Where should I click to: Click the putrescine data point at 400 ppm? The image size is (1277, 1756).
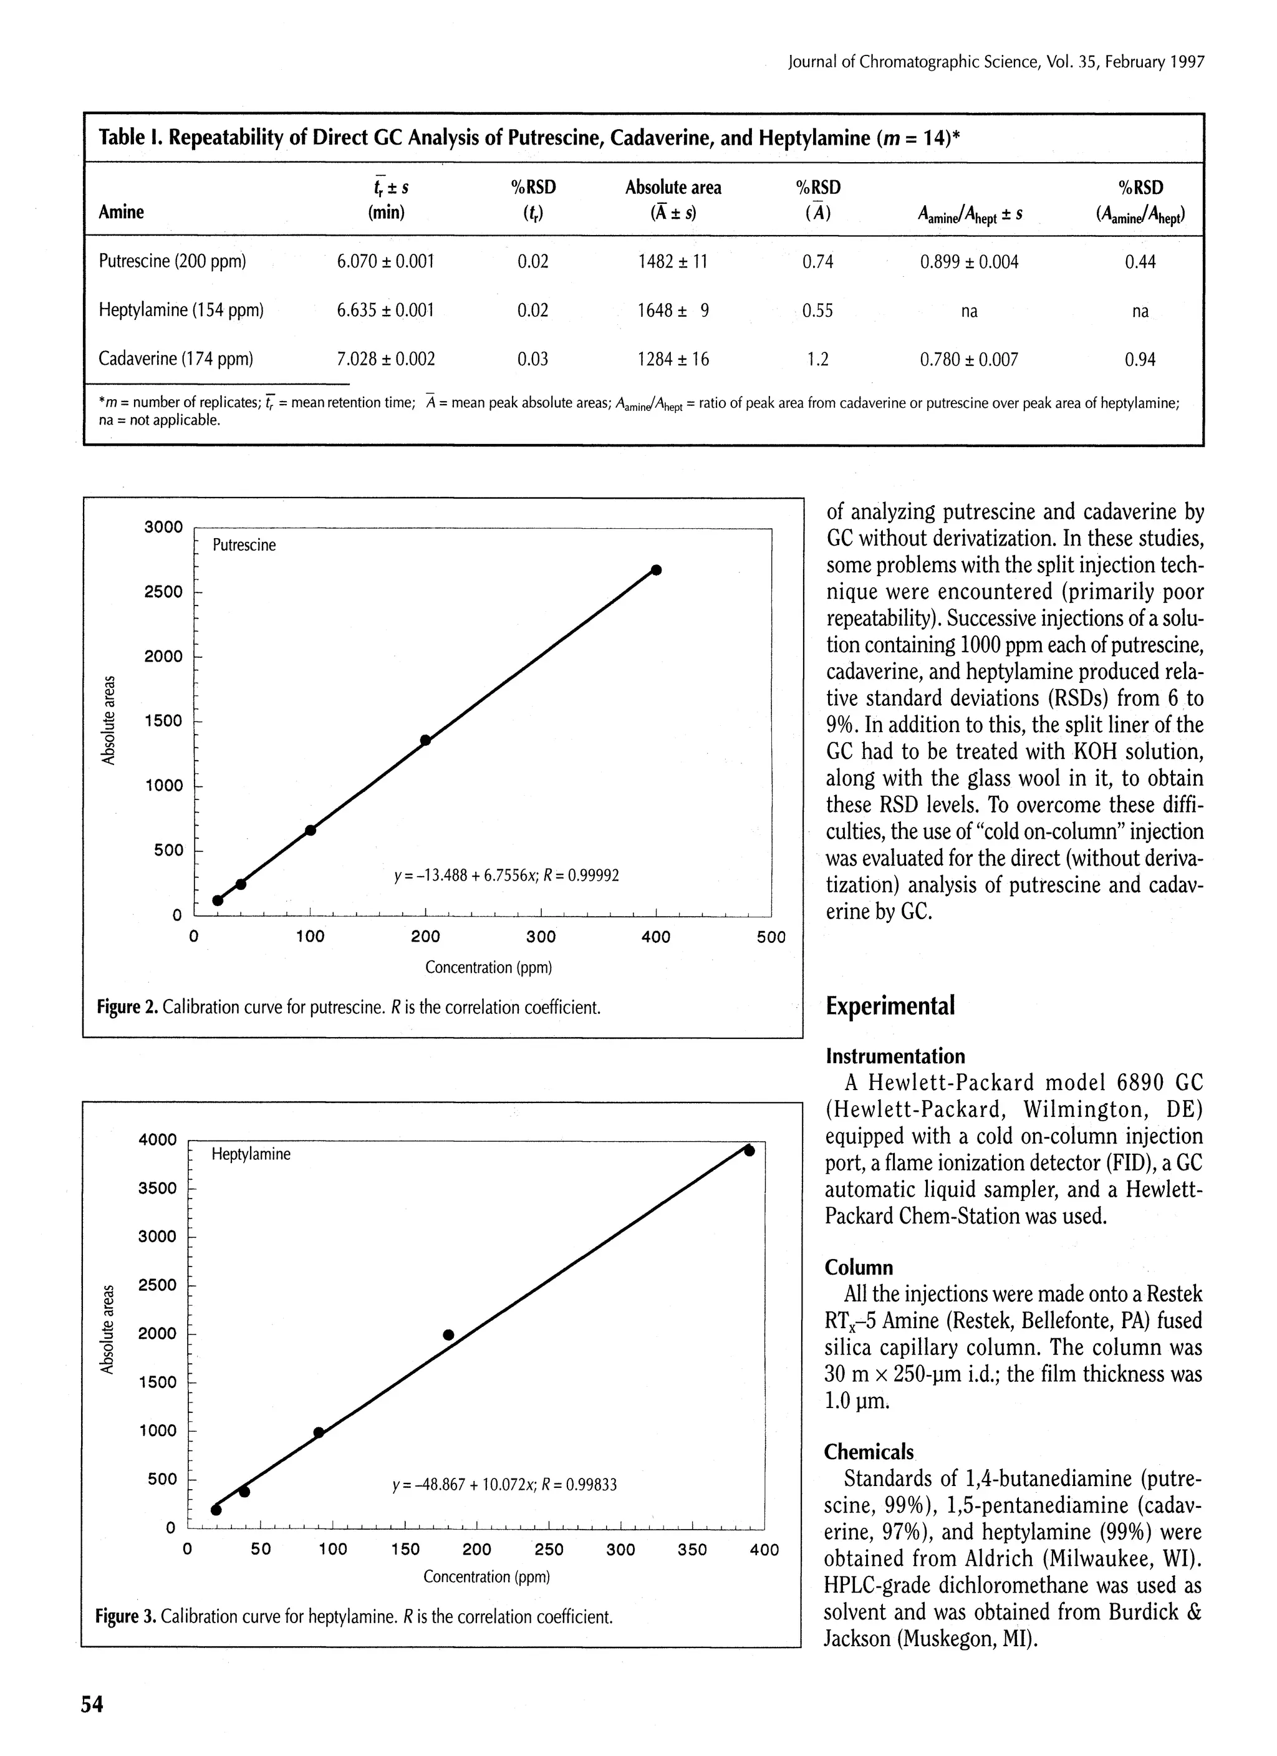tap(656, 570)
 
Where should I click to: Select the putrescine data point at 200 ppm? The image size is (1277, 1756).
tap(425, 740)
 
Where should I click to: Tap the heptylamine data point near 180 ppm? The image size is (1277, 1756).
tap(448, 1334)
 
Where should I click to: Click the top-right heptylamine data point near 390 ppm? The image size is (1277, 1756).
tap(749, 1151)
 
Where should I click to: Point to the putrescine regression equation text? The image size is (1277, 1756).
tap(506, 876)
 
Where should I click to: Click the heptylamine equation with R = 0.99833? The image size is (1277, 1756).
tap(505, 1485)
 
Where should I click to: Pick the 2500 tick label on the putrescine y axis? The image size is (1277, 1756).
tap(163, 592)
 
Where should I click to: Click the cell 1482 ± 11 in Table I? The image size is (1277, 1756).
tap(672, 262)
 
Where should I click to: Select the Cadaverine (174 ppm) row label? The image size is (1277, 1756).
tap(176, 359)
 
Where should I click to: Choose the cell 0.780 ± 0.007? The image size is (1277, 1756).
tap(969, 359)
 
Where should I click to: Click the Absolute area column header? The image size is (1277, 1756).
tap(672, 187)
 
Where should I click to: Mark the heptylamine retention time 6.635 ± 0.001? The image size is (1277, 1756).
tap(385, 311)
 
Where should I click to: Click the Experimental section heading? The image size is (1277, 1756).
tap(890, 1006)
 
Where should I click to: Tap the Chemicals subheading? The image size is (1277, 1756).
tap(869, 1451)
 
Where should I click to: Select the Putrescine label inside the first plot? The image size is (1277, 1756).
tap(244, 545)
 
